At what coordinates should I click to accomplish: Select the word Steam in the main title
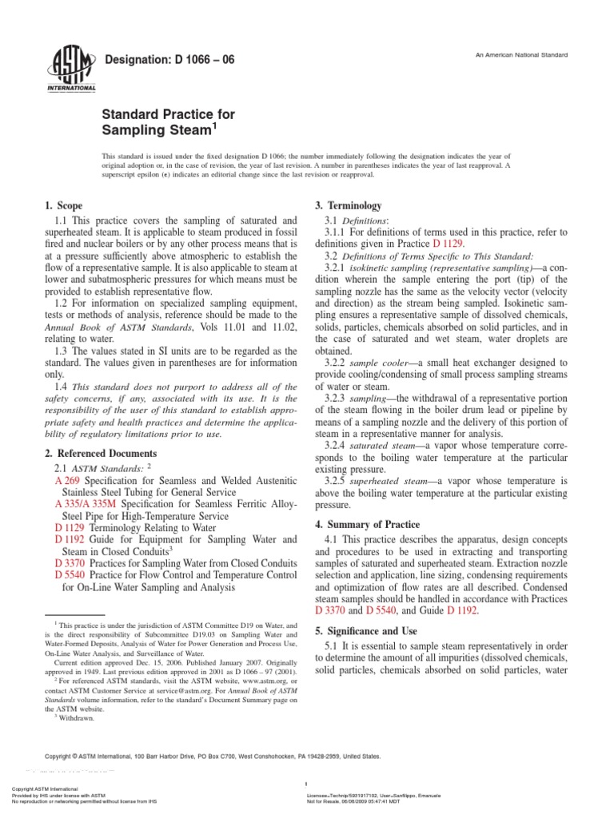coord(181,129)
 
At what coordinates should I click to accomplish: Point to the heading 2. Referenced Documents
coord(94,454)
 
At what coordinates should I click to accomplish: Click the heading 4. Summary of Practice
coord(367,524)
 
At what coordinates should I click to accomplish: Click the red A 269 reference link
coord(67,482)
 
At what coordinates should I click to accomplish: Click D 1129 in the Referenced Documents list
coord(70,528)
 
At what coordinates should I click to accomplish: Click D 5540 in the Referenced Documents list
coord(70,574)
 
